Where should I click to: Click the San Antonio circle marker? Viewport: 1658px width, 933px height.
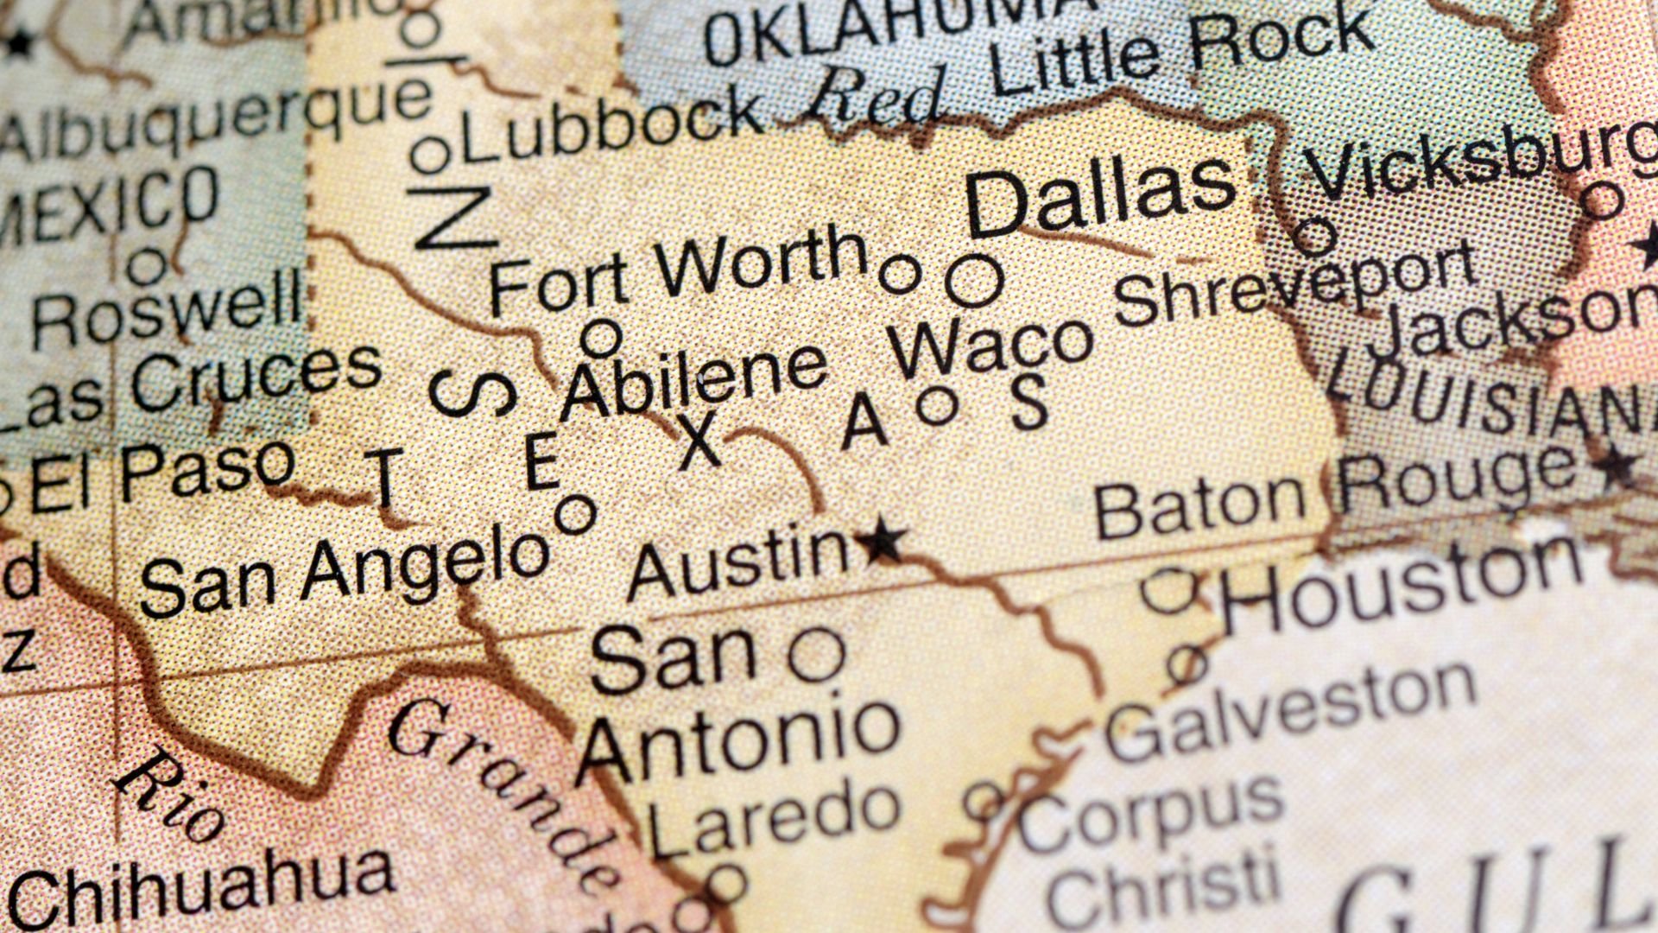[x=816, y=655]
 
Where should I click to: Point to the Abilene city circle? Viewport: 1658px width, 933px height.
[x=601, y=338]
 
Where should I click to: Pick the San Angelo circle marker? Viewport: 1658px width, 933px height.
[x=576, y=515]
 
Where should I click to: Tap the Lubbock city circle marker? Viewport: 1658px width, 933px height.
[x=430, y=155]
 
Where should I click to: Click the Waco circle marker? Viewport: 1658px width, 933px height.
[x=939, y=405]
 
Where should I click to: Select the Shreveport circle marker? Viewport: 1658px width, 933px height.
[x=1315, y=235]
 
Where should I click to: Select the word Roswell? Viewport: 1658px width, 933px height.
[x=168, y=315]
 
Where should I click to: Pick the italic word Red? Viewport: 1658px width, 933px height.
[x=872, y=95]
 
